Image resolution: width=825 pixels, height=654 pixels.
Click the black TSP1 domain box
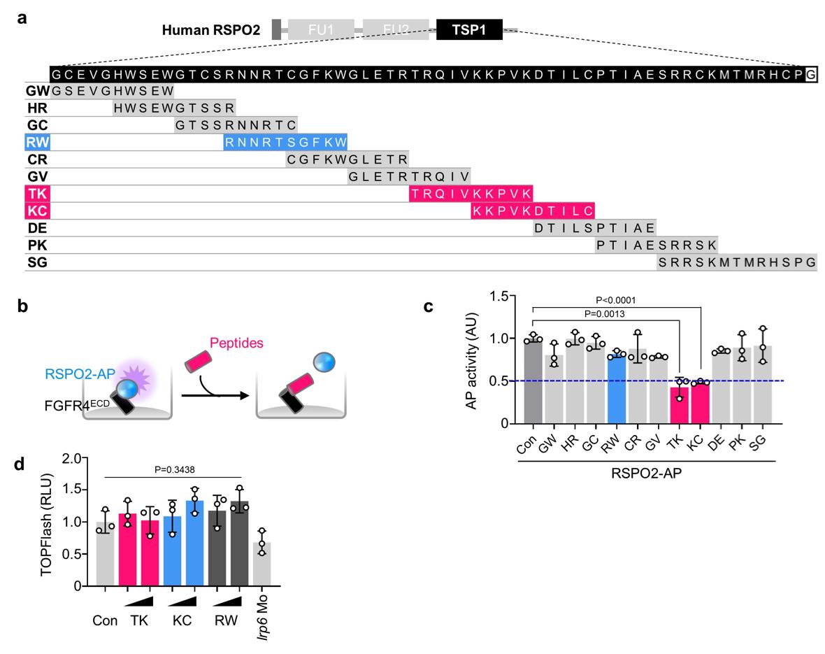coord(468,29)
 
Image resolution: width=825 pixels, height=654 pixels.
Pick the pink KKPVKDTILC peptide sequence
coord(533,210)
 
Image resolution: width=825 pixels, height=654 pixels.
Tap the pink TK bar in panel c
coord(676,405)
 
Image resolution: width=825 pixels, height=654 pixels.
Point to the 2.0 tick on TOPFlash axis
coord(70,458)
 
